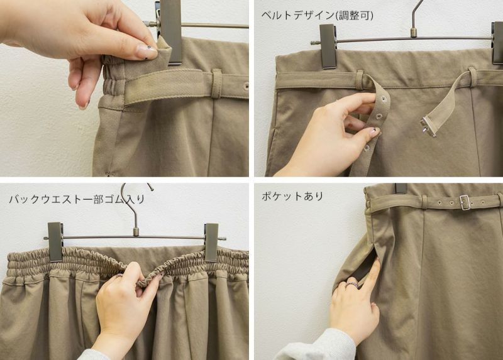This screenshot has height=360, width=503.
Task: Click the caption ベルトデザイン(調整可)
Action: [317, 15]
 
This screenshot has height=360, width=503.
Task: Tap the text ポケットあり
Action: [292, 196]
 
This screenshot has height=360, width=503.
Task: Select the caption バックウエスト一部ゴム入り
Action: [77, 199]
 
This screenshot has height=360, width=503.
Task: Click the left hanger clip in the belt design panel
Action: [328, 46]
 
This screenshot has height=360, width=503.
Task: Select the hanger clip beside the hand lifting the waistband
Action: [170, 32]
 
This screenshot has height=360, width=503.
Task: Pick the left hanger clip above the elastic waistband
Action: [55, 241]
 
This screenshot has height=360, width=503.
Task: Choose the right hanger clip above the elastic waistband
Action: [211, 242]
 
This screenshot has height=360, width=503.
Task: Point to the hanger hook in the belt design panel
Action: [416, 18]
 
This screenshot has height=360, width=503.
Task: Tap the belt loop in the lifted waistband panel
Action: [216, 84]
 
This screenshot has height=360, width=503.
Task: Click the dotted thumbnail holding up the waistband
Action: [146, 52]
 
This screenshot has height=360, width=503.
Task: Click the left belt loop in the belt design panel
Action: [360, 80]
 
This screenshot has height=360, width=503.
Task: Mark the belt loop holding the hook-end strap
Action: [472, 77]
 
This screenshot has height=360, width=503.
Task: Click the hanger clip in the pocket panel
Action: [401, 188]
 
